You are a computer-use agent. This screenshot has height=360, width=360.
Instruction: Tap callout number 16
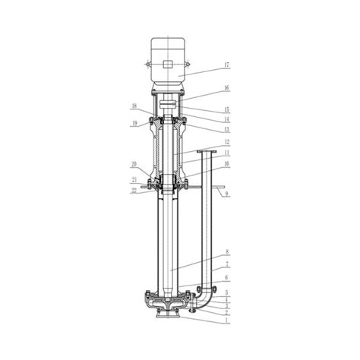coord(226,88)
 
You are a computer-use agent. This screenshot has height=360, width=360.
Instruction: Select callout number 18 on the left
coord(134,106)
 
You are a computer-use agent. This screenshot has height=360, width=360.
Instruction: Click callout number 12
coord(226,142)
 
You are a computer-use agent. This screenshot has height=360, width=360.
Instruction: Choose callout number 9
coord(226,194)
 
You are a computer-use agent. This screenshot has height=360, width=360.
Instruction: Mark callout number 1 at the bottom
coord(226,320)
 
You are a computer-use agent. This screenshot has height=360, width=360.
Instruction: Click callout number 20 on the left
coord(134,165)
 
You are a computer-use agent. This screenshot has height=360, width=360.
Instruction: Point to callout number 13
coord(226,129)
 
